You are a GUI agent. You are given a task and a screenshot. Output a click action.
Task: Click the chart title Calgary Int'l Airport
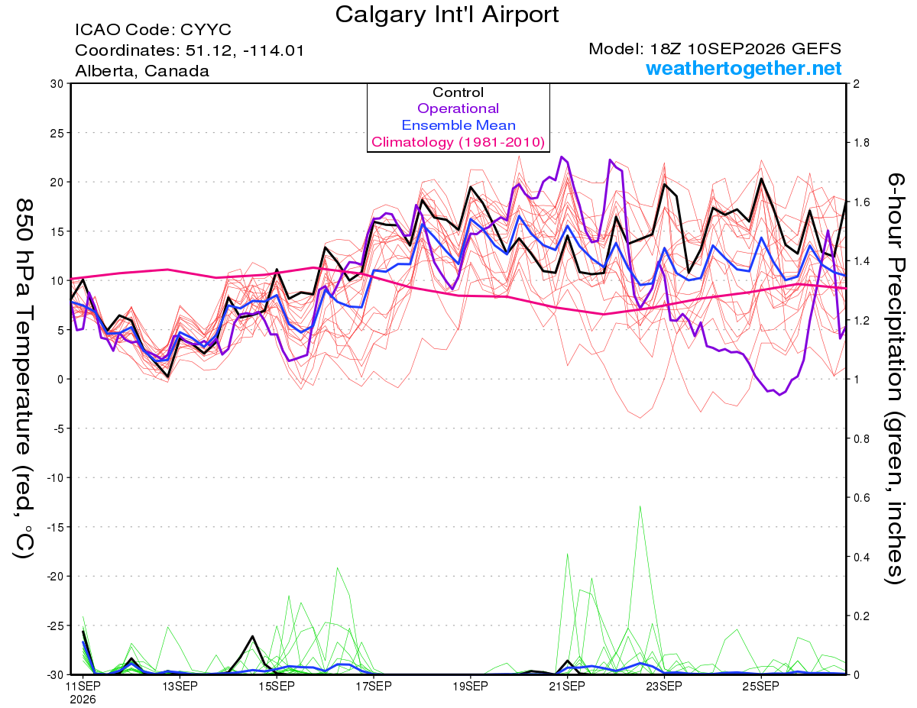[446, 15]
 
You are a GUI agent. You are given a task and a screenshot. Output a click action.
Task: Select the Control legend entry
[458, 92]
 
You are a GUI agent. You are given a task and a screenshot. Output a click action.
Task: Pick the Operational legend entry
[458, 108]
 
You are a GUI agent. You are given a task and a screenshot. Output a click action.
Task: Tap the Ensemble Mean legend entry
[458, 125]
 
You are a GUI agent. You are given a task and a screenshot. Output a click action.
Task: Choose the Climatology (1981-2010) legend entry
[458, 142]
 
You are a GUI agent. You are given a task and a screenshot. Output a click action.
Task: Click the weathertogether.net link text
[744, 68]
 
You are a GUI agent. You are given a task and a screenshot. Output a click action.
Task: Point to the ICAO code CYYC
[206, 30]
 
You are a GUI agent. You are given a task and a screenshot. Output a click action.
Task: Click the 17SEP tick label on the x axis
[374, 687]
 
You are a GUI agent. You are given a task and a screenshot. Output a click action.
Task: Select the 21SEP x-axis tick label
[567, 687]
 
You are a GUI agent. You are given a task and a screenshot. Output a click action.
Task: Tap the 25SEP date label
[761, 687]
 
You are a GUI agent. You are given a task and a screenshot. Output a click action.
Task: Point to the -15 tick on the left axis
[55, 527]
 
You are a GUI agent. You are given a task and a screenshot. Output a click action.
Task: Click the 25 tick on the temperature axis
[57, 133]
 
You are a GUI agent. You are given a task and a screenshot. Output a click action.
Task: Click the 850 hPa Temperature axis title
[24, 378]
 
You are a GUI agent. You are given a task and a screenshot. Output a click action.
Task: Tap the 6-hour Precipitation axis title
[895, 378]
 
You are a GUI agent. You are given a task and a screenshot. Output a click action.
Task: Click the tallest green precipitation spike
[640, 506]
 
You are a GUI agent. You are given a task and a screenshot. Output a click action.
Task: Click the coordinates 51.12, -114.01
[245, 50]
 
